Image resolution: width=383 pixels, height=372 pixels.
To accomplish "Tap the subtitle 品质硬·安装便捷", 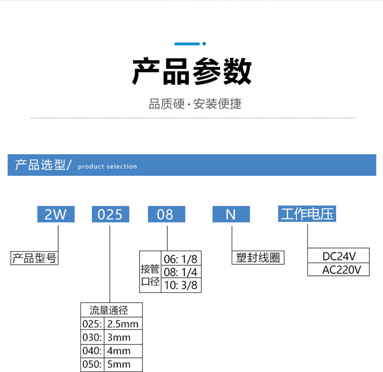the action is [x=195, y=104].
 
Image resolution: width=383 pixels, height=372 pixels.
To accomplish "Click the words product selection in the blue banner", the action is [x=107, y=167].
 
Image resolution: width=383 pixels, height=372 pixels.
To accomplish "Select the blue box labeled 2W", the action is [x=56, y=214].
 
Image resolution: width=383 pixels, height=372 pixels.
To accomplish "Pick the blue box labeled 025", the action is [x=111, y=214].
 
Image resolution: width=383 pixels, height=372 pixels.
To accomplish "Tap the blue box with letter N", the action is [x=231, y=214].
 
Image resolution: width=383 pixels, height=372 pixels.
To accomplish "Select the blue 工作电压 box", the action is [x=307, y=214].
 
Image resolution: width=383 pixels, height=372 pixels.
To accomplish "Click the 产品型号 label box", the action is [x=34, y=258].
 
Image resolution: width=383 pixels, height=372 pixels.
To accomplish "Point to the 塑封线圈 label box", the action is [x=258, y=258].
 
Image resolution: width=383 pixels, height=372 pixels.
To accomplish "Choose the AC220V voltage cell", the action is [x=339, y=270].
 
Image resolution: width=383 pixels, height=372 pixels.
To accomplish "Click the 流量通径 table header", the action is [x=112, y=310].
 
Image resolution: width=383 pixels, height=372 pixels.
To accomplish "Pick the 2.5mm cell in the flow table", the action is [x=123, y=324].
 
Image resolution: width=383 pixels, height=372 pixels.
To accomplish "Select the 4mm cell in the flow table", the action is [x=119, y=351].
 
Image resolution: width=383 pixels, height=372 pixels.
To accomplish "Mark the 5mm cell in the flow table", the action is [x=119, y=364].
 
